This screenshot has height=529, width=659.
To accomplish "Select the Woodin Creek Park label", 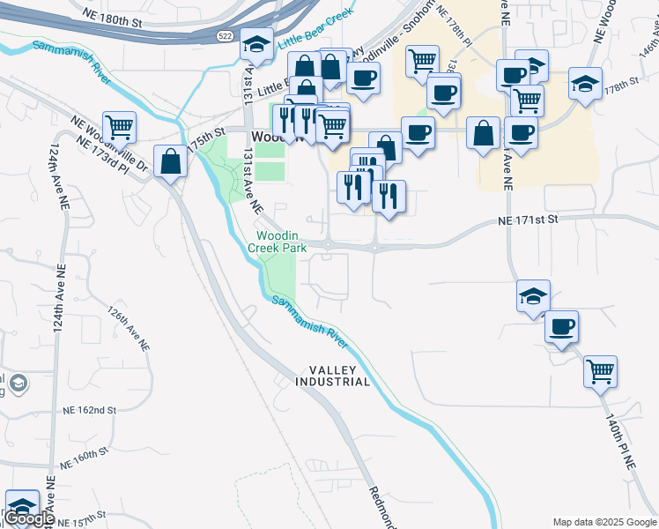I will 277,242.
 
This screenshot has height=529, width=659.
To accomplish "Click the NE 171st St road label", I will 529,220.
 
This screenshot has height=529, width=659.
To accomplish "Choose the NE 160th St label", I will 84,459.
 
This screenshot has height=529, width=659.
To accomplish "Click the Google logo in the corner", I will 29,518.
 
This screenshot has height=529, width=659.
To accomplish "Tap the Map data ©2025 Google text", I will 604,522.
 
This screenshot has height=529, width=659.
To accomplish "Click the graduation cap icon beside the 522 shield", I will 256,43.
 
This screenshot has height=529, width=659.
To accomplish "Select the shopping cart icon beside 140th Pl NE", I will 600,371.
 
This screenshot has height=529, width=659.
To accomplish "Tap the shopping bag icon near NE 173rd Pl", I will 170,161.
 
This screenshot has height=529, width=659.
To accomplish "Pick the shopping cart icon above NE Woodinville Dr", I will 119,126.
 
